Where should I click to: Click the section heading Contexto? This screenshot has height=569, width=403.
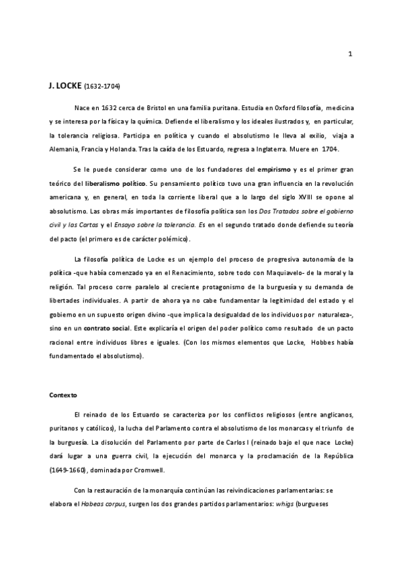[63, 396]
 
